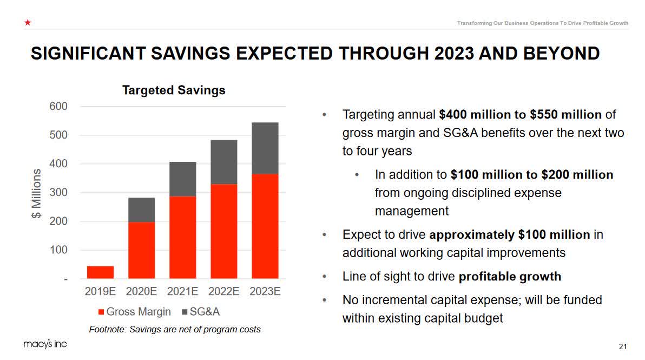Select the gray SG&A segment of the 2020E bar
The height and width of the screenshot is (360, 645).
pyautogui.click(x=141, y=210)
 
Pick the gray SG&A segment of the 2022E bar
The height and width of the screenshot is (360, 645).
pyautogui.click(x=223, y=162)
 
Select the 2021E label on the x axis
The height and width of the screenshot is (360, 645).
pyautogui.click(x=182, y=291)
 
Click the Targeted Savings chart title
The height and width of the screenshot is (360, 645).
pyautogui.click(x=174, y=90)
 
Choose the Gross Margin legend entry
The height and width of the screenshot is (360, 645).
pyautogui.click(x=134, y=312)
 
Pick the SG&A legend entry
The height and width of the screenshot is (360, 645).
pyautogui.click(x=201, y=312)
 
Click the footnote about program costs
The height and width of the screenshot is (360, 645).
pyautogui.click(x=174, y=329)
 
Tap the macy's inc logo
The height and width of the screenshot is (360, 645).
pyautogui.click(x=45, y=344)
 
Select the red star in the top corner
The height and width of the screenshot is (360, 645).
pyautogui.click(x=27, y=23)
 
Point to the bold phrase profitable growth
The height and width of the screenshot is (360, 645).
pyautogui.click(x=510, y=277)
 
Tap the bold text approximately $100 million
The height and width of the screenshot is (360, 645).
pyautogui.click(x=509, y=234)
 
